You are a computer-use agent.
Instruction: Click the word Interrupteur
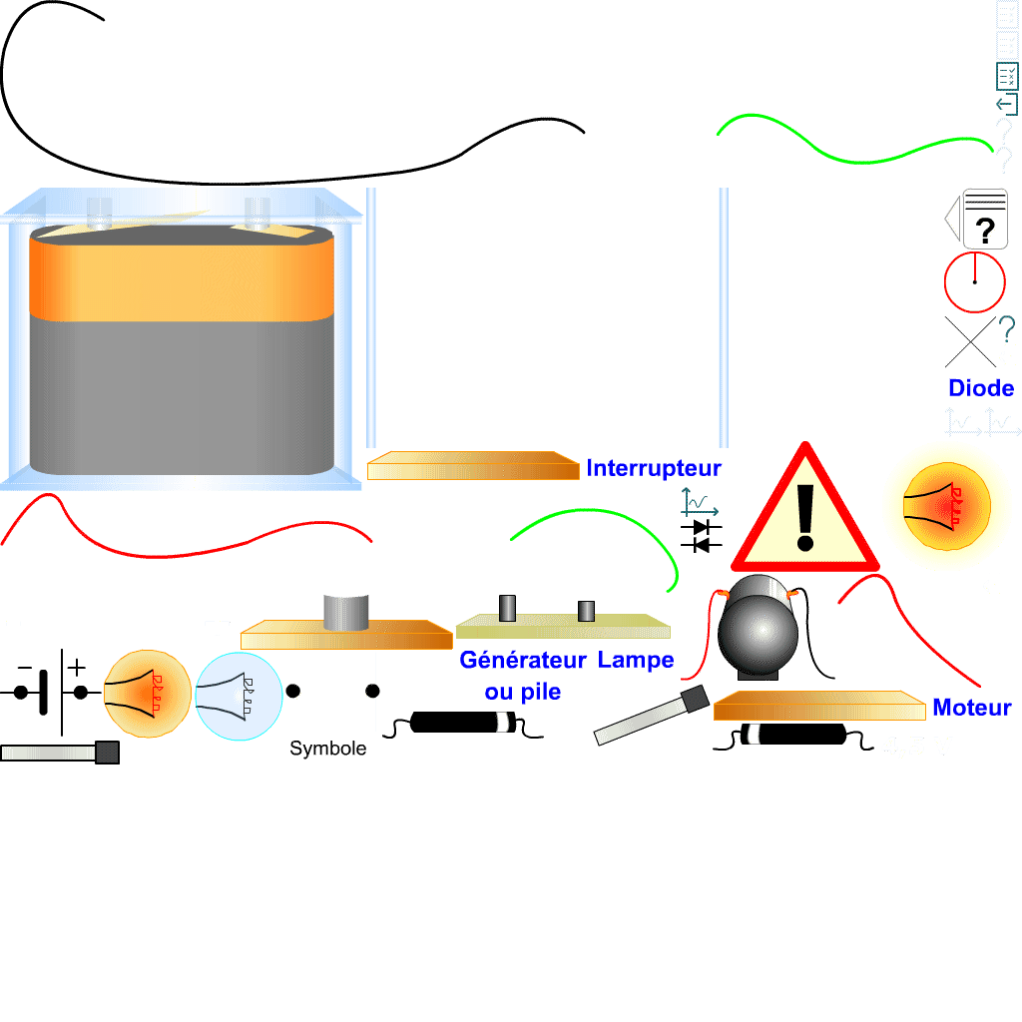654,468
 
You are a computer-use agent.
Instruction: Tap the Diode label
980,388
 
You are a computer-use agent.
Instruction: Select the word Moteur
971,708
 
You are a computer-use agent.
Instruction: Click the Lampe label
636,660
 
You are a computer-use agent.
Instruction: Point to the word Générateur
522,660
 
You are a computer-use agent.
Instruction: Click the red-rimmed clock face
974,282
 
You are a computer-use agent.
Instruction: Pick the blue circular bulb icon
239,697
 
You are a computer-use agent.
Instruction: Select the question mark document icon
984,219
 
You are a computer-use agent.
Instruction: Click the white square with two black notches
334,691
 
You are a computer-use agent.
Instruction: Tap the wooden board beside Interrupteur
473,466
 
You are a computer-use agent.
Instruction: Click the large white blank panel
835,313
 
